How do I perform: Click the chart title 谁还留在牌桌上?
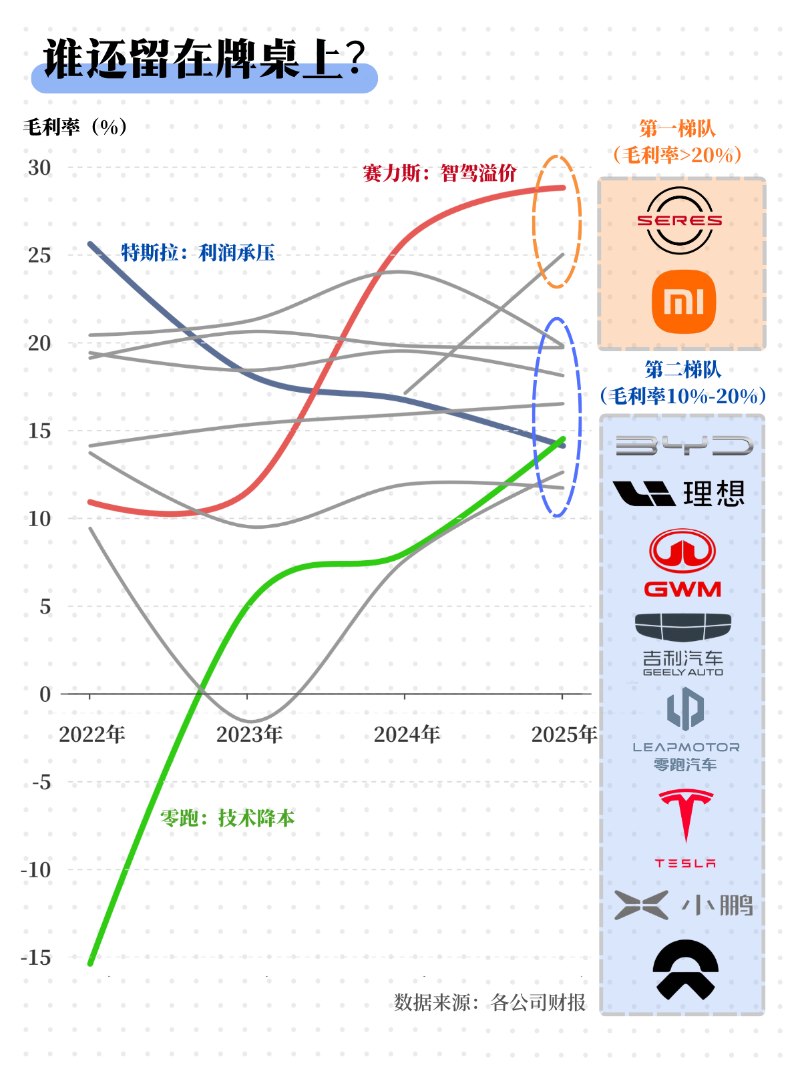[x=204, y=60]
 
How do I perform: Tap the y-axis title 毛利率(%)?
[x=75, y=127]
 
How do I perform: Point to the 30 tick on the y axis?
[x=39, y=168]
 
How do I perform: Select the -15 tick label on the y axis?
[x=36, y=958]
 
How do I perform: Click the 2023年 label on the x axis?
[x=249, y=734]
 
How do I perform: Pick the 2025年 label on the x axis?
[x=564, y=734]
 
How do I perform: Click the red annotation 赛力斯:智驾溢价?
[x=439, y=174]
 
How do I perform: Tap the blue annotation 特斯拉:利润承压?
[x=198, y=252]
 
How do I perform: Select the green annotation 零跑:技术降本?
[x=227, y=818]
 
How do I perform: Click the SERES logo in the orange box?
[x=680, y=220]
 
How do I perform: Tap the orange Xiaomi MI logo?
[x=683, y=302]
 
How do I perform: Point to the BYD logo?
[x=684, y=446]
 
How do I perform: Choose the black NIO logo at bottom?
[x=685, y=970]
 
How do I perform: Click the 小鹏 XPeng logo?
[x=684, y=905]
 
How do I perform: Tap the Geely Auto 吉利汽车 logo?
[x=682, y=645]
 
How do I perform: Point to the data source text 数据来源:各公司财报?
[x=489, y=1002]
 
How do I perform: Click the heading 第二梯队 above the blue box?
[x=682, y=369]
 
